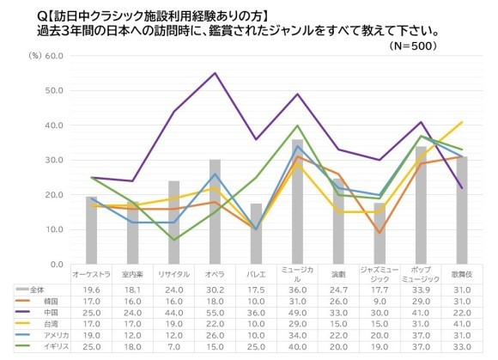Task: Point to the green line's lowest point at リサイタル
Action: pos(174,240)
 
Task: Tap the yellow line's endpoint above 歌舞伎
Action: pos(461,122)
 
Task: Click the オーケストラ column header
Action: pos(92,275)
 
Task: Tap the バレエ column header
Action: pos(256,275)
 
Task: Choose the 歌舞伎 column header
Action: pos(462,275)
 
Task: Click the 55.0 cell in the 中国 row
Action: pos(215,314)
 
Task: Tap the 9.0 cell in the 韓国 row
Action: pos(380,302)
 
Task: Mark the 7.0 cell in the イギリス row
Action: pos(174,347)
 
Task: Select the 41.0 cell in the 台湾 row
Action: pos(462,325)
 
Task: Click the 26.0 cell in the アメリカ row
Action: pos(215,336)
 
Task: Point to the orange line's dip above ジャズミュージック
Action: pos(380,233)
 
